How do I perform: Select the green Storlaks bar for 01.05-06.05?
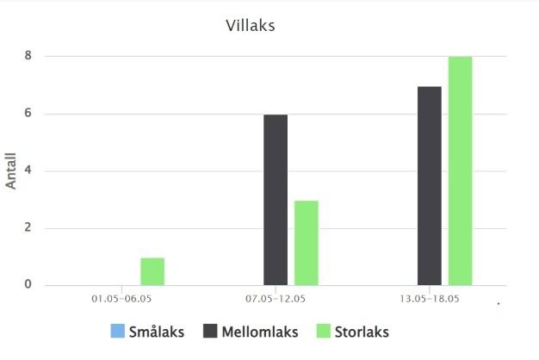pyautogui.click(x=152, y=271)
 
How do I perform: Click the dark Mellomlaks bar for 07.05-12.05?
pyautogui.click(x=276, y=200)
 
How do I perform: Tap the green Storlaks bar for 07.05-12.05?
pyautogui.click(x=307, y=243)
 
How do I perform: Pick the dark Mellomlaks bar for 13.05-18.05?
pyautogui.click(x=430, y=186)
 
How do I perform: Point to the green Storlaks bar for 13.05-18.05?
pyautogui.click(x=461, y=171)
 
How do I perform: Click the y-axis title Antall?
pyautogui.click(x=12, y=171)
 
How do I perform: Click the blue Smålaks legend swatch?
pyautogui.click(x=117, y=332)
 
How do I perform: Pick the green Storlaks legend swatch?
pyautogui.click(x=325, y=332)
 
